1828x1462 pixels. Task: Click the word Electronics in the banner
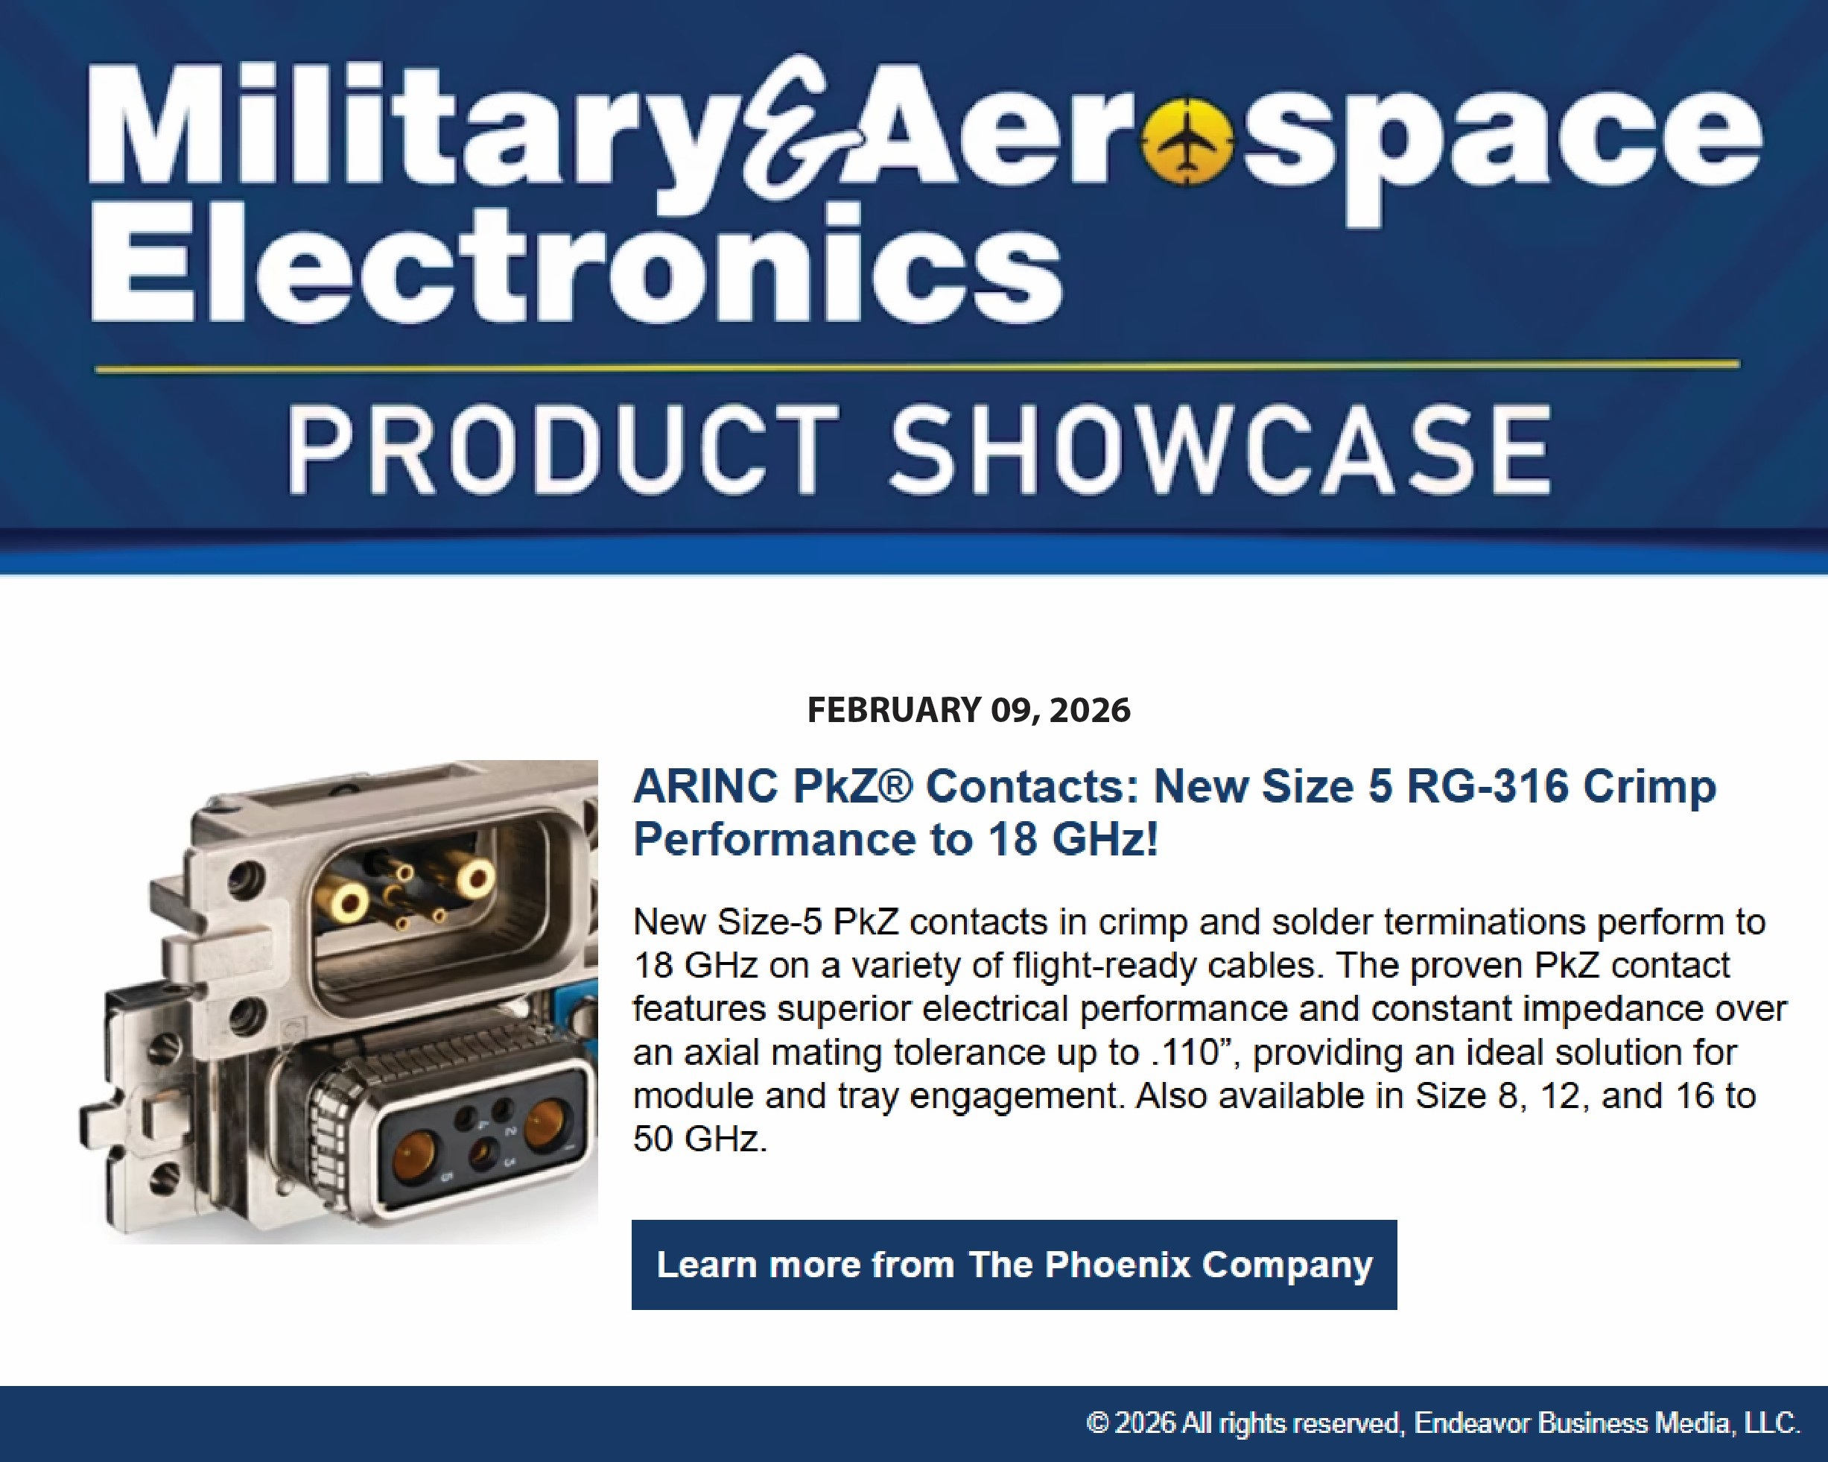pyautogui.click(x=577, y=263)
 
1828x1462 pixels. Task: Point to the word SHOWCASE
pyautogui.click(x=1221, y=449)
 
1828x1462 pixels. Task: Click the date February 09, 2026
pyautogui.click(x=968, y=710)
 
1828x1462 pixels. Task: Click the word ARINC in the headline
pyautogui.click(x=705, y=786)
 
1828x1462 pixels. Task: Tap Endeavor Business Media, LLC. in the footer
pyautogui.click(x=1607, y=1423)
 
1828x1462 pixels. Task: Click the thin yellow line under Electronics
pyautogui.click(x=918, y=367)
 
